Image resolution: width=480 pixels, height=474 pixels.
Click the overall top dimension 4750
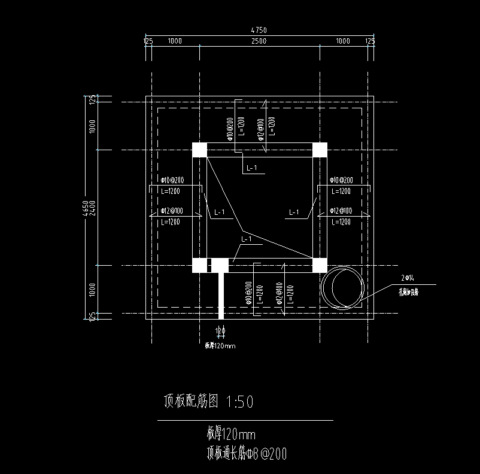[259, 30]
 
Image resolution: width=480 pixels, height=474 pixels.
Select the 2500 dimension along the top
[259, 41]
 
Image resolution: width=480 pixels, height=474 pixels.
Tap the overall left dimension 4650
[86, 207]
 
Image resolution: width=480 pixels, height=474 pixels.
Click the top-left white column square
[199, 150]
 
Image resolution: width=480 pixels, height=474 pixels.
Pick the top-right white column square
[320, 150]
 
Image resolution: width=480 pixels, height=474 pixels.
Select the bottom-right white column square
[320, 265]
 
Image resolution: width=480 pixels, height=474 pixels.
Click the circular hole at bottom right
[342, 287]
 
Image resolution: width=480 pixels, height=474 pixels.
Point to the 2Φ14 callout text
[408, 278]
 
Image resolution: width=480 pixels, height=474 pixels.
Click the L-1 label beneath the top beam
[252, 168]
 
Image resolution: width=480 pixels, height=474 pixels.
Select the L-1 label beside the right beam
[294, 212]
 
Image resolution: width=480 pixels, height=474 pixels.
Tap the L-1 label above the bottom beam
[246, 239]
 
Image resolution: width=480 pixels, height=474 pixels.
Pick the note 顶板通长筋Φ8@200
[247, 454]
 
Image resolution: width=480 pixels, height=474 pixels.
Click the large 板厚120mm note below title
[232, 433]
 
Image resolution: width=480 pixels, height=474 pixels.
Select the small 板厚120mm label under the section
[220, 345]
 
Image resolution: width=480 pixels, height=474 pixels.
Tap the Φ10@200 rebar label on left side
[172, 180]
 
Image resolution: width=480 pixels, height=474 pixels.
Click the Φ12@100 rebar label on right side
[341, 211]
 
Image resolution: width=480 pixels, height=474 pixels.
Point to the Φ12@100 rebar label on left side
[172, 211]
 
